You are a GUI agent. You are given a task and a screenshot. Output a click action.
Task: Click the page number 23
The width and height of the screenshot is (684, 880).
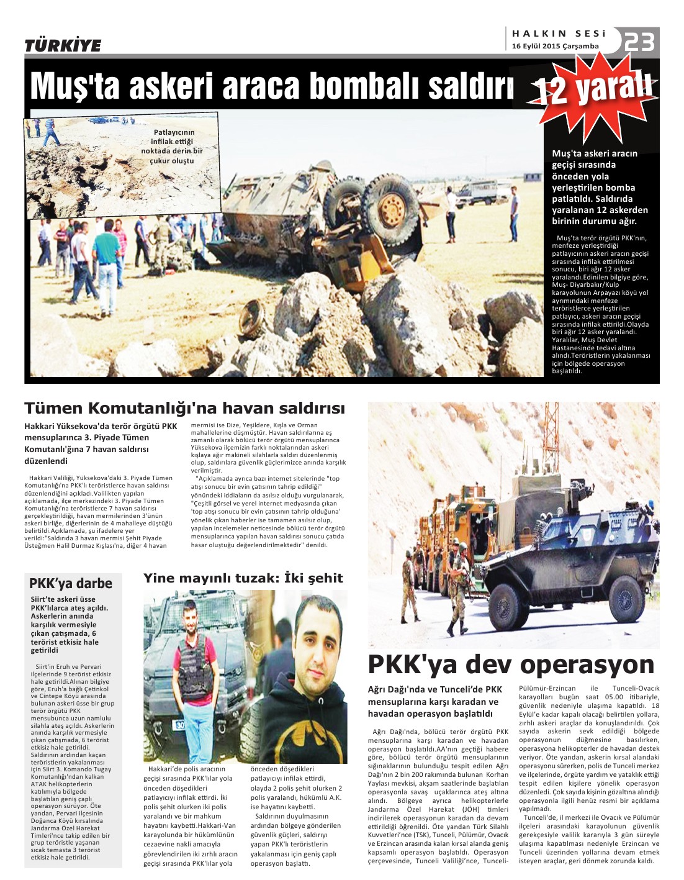(x=639, y=42)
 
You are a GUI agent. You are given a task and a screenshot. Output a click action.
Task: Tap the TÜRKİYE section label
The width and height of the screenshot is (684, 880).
(x=63, y=45)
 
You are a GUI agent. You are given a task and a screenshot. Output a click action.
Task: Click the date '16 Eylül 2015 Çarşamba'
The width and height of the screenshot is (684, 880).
(x=555, y=46)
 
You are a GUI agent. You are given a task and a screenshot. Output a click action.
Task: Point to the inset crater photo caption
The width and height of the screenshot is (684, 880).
(x=173, y=147)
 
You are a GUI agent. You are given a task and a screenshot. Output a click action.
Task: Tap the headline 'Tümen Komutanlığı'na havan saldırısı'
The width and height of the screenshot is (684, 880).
(x=184, y=408)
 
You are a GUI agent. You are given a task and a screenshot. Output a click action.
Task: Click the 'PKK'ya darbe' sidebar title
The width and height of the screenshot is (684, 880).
(x=71, y=583)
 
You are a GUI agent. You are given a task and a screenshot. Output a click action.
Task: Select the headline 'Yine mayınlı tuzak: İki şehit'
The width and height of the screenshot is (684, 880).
(x=243, y=578)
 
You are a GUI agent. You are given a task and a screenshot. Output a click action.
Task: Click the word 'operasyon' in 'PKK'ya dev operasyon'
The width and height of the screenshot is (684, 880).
(x=587, y=665)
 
